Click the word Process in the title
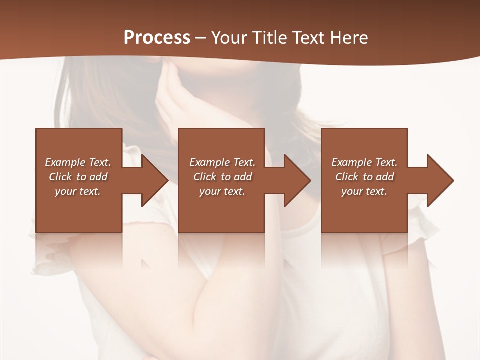(157, 37)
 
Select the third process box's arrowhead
(439, 180)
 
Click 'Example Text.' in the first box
(78, 162)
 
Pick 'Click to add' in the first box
(78, 177)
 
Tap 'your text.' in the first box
(78, 191)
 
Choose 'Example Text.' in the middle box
(222, 162)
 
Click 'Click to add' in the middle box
(222, 177)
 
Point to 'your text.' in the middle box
(222, 191)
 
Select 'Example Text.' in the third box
(364, 162)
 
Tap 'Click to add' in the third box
(364, 177)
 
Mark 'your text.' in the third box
(364, 191)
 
